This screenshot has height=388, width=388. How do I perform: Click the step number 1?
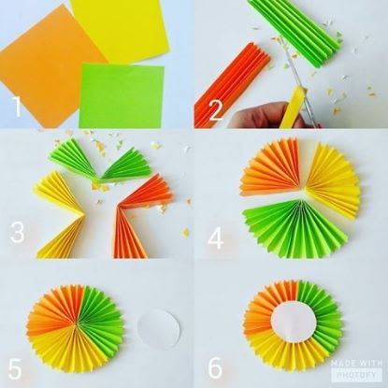(17, 106)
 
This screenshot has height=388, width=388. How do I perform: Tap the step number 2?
(216, 110)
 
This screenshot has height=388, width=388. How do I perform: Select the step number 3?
(17, 232)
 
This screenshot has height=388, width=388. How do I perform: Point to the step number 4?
(216, 238)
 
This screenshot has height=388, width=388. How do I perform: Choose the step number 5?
(15, 369)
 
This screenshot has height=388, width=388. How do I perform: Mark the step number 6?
(215, 367)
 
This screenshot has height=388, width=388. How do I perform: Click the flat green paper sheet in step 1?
(122, 95)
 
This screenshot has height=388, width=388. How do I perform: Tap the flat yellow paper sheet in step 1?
(120, 30)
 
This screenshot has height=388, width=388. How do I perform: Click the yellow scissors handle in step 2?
(292, 108)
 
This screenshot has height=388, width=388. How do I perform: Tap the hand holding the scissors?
(265, 116)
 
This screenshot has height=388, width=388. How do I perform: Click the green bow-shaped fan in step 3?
(100, 164)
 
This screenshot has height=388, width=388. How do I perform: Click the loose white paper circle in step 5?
(159, 328)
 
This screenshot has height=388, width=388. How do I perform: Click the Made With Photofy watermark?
(356, 368)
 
